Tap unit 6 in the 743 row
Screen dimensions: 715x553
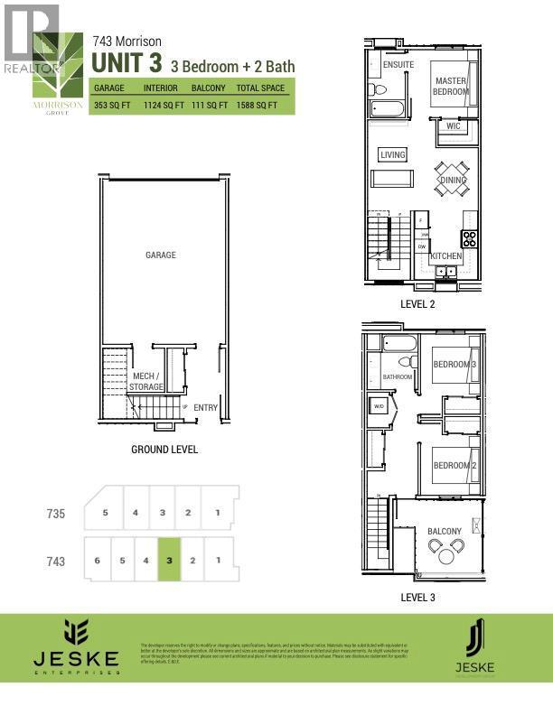point(96,561)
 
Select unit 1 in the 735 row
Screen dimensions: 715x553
point(218,512)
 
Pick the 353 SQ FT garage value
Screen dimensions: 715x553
point(110,106)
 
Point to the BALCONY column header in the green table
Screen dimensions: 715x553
point(209,88)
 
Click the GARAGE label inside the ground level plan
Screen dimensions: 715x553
point(161,255)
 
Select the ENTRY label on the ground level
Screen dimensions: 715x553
point(205,408)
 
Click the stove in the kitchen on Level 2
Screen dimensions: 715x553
point(470,239)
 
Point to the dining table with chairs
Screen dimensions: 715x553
point(453,179)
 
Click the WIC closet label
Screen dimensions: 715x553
point(453,126)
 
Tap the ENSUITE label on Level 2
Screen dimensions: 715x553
point(398,66)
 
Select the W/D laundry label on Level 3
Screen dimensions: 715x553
point(379,406)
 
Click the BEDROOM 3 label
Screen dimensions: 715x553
point(454,365)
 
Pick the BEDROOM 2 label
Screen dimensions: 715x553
point(454,465)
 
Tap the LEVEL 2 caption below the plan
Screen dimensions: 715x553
point(418,304)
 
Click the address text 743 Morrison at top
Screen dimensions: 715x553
point(128,41)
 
